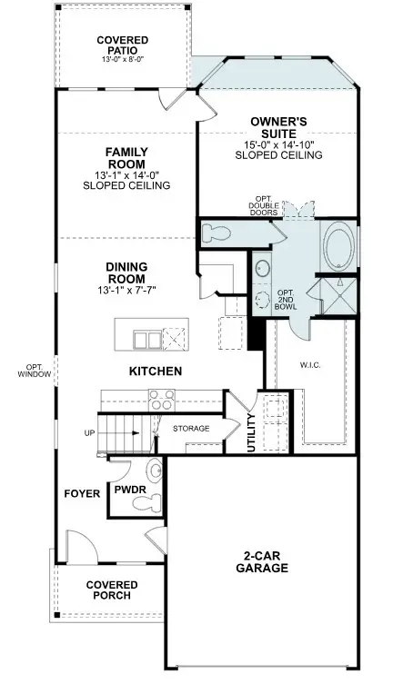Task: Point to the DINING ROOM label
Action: pyautogui.click(x=126, y=273)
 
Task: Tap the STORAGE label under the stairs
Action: pyautogui.click(x=191, y=428)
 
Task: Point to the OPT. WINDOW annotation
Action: pyautogui.click(x=33, y=371)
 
